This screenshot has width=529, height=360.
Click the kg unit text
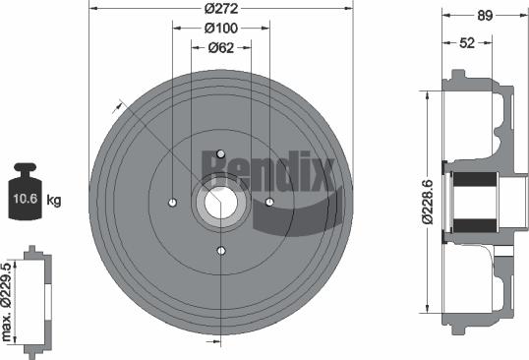54,201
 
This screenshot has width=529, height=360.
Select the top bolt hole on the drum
221,153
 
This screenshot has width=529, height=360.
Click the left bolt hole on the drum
172,203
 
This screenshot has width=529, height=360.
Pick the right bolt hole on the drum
268,203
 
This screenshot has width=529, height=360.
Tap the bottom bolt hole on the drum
221,251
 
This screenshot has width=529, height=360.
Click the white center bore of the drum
220,204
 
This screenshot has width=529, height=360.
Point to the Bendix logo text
267,168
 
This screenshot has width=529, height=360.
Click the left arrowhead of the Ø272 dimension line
92,9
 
